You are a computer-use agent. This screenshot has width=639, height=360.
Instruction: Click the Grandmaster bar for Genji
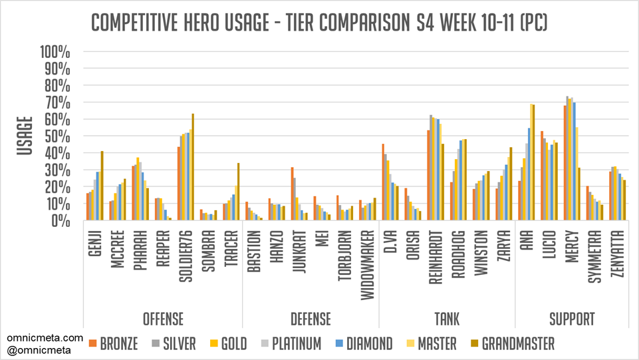click(x=102, y=186)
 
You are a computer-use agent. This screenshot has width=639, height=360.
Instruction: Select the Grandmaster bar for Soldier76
click(x=193, y=167)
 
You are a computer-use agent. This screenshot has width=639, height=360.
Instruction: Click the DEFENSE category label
click(x=310, y=319)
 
